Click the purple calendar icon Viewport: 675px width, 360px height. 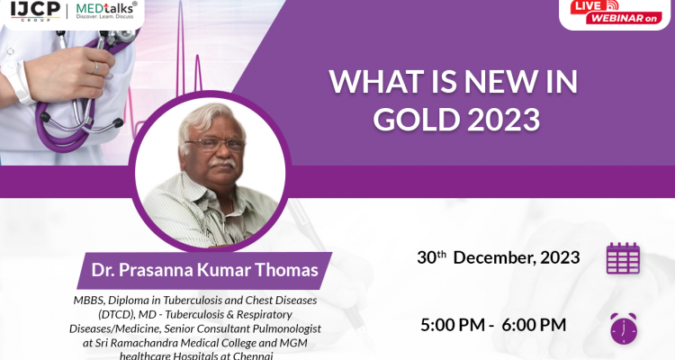click(623, 258)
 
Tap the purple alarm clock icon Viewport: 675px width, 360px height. click(624, 328)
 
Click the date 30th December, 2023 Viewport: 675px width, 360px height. click(498, 257)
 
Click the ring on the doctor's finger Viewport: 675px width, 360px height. click(96, 67)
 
